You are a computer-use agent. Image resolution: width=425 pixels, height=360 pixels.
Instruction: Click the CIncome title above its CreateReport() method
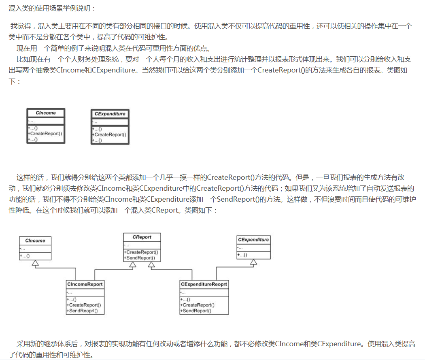(x=46, y=113)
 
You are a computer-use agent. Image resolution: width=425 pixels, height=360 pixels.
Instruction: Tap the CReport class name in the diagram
(x=142, y=237)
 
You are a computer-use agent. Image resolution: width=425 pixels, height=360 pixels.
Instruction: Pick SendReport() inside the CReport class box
(x=140, y=258)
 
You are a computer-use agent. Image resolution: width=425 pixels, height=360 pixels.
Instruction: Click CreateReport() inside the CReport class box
(x=141, y=252)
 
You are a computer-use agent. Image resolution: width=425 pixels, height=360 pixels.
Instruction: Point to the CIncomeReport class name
(x=85, y=284)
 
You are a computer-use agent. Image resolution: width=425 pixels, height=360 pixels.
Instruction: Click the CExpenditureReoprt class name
(x=204, y=284)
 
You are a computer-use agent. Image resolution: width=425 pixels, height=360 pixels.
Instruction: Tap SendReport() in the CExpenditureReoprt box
(x=197, y=311)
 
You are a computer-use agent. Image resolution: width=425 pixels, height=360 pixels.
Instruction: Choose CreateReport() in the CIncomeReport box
(x=84, y=305)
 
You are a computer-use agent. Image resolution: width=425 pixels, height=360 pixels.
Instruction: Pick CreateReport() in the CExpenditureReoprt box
(x=198, y=305)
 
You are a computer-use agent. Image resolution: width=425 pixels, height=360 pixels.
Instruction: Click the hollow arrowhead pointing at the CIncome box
(x=35, y=264)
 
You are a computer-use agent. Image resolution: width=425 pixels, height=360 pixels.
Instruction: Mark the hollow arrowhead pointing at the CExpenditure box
(x=253, y=262)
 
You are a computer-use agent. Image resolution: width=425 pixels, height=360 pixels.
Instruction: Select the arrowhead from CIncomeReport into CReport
(x=133, y=265)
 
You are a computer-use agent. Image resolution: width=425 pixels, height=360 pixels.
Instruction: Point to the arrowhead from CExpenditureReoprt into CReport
(x=151, y=265)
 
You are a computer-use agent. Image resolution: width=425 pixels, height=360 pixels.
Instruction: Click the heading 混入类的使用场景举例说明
(x=52, y=8)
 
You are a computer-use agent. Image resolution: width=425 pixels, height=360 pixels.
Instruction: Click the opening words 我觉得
(x=20, y=26)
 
